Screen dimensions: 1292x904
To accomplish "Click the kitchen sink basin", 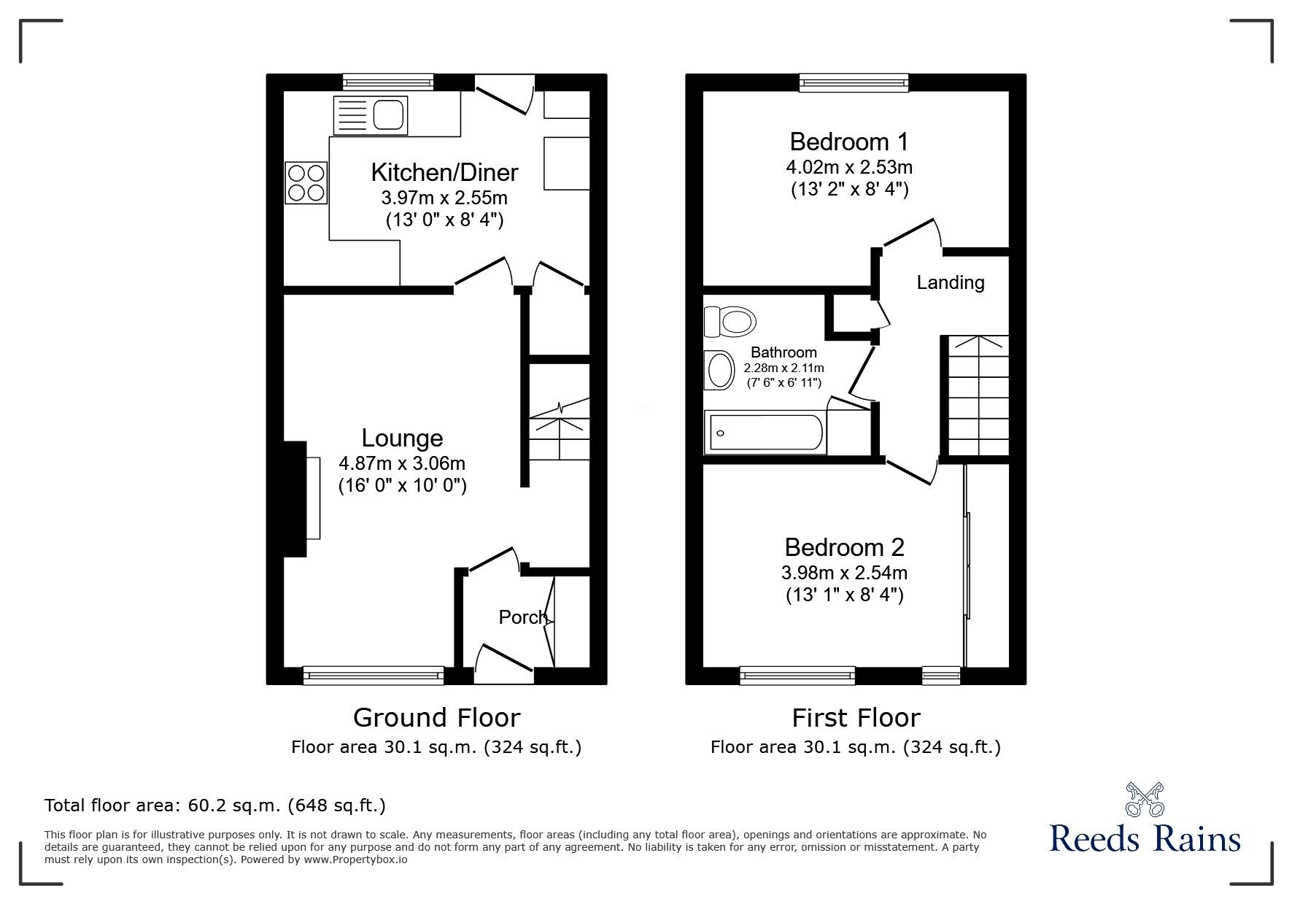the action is coord(389,115).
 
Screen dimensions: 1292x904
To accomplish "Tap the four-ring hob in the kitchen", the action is coord(306,182).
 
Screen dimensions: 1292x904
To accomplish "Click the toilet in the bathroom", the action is coord(729,321).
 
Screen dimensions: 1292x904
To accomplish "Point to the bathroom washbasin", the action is coord(719,371).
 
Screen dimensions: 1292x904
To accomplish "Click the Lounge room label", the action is coord(402,438).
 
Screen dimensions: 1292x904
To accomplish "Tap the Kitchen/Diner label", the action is coord(444,172).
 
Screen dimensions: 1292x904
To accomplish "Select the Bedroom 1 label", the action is coord(849,141).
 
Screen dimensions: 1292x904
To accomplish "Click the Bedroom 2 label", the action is coord(844,546).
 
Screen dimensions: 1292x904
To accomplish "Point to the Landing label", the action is coord(951,282).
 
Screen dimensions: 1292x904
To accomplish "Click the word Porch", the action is coord(523,617).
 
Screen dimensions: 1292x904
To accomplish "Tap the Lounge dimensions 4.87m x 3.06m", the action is coord(402,463).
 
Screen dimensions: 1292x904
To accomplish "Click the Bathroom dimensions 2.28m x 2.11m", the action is coord(784,368).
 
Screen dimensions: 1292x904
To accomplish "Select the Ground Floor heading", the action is coord(436,717).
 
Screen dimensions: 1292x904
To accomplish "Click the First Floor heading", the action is coord(856,718).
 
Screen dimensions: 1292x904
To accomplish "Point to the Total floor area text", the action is coord(215,806).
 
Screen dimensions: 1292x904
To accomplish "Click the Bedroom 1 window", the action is coord(854,82).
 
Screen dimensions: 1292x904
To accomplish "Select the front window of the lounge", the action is coord(374,675).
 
